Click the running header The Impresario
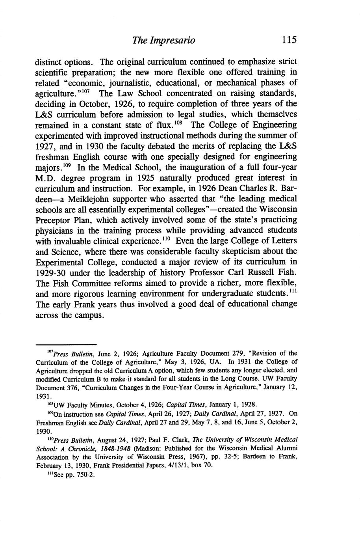163,40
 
